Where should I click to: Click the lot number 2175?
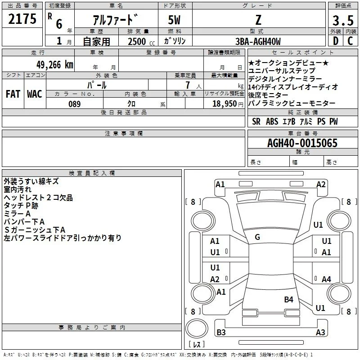point(22,19)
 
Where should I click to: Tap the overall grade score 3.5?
point(343,21)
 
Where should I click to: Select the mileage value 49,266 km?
point(55,65)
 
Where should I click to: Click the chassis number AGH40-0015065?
point(302,143)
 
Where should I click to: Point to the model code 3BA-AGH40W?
point(258,41)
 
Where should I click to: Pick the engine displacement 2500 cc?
point(141,41)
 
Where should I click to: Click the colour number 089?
point(75,104)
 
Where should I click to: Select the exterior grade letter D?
point(336,41)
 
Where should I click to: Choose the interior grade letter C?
point(350,41)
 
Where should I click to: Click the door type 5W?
point(174,20)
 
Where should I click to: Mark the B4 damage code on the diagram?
point(288,299)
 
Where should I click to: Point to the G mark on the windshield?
point(257,237)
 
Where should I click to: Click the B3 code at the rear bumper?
point(221,332)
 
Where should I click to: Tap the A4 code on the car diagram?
point(326,279)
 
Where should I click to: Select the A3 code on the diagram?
point(320,332)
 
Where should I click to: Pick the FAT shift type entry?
point(13,94)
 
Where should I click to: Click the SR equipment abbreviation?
point(256,121)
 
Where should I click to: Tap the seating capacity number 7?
point(188,85)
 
